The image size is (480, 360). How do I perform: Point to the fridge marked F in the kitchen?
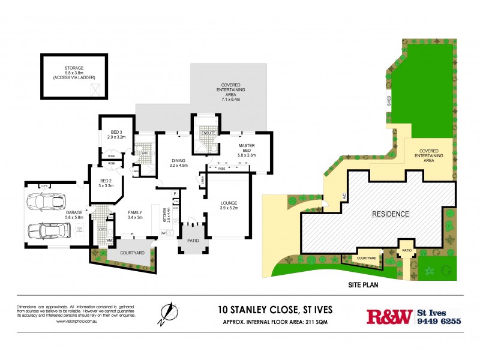(174, 194)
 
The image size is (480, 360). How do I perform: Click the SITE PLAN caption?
(362, 286)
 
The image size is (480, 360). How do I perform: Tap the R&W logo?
(389, 316)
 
